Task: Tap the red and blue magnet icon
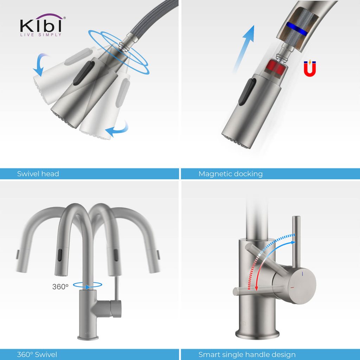[310, 69]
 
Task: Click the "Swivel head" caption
[38, 174]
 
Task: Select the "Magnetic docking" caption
[230, 174]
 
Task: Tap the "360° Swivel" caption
[37, 354]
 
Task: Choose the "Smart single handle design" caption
[247, 354]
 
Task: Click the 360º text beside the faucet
[60, 287]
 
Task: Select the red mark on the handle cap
[293, 288]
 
